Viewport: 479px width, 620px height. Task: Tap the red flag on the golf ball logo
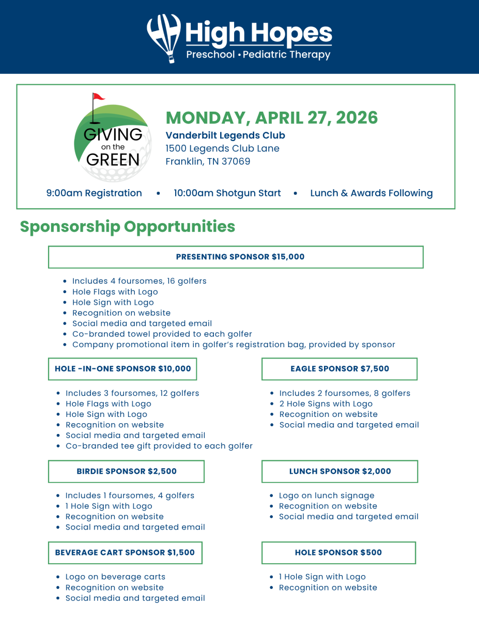pos(98,97)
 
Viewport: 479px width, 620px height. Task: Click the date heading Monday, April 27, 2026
pos(272,118)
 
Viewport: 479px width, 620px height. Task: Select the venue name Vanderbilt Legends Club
pos(225,135)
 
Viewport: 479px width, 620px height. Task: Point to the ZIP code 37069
pos(236,161)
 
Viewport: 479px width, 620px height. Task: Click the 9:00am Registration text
pos(94,193)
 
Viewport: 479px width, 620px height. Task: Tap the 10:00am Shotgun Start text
pos(227,193)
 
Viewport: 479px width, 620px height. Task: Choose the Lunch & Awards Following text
pos(371,193)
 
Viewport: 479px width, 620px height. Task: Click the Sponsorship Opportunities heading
pos(127,226)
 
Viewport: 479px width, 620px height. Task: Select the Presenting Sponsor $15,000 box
pos(236,257)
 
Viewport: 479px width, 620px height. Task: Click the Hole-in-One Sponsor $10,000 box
pos(122,369)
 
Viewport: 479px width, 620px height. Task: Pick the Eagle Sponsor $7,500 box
pos(339,369)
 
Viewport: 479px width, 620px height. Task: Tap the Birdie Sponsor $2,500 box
pos(126,471)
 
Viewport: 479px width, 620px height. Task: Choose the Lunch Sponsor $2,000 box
pos(339,471)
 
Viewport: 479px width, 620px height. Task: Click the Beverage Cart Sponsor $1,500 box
pos(125,552)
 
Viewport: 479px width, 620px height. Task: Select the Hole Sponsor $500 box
pos(338,552)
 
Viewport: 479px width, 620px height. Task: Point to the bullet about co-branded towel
pos(162,334)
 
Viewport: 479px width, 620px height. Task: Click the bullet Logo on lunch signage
pos(327,495)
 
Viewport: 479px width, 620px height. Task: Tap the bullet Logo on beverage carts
pos(115,577)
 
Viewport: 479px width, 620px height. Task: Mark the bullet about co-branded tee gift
pos(159,446)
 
